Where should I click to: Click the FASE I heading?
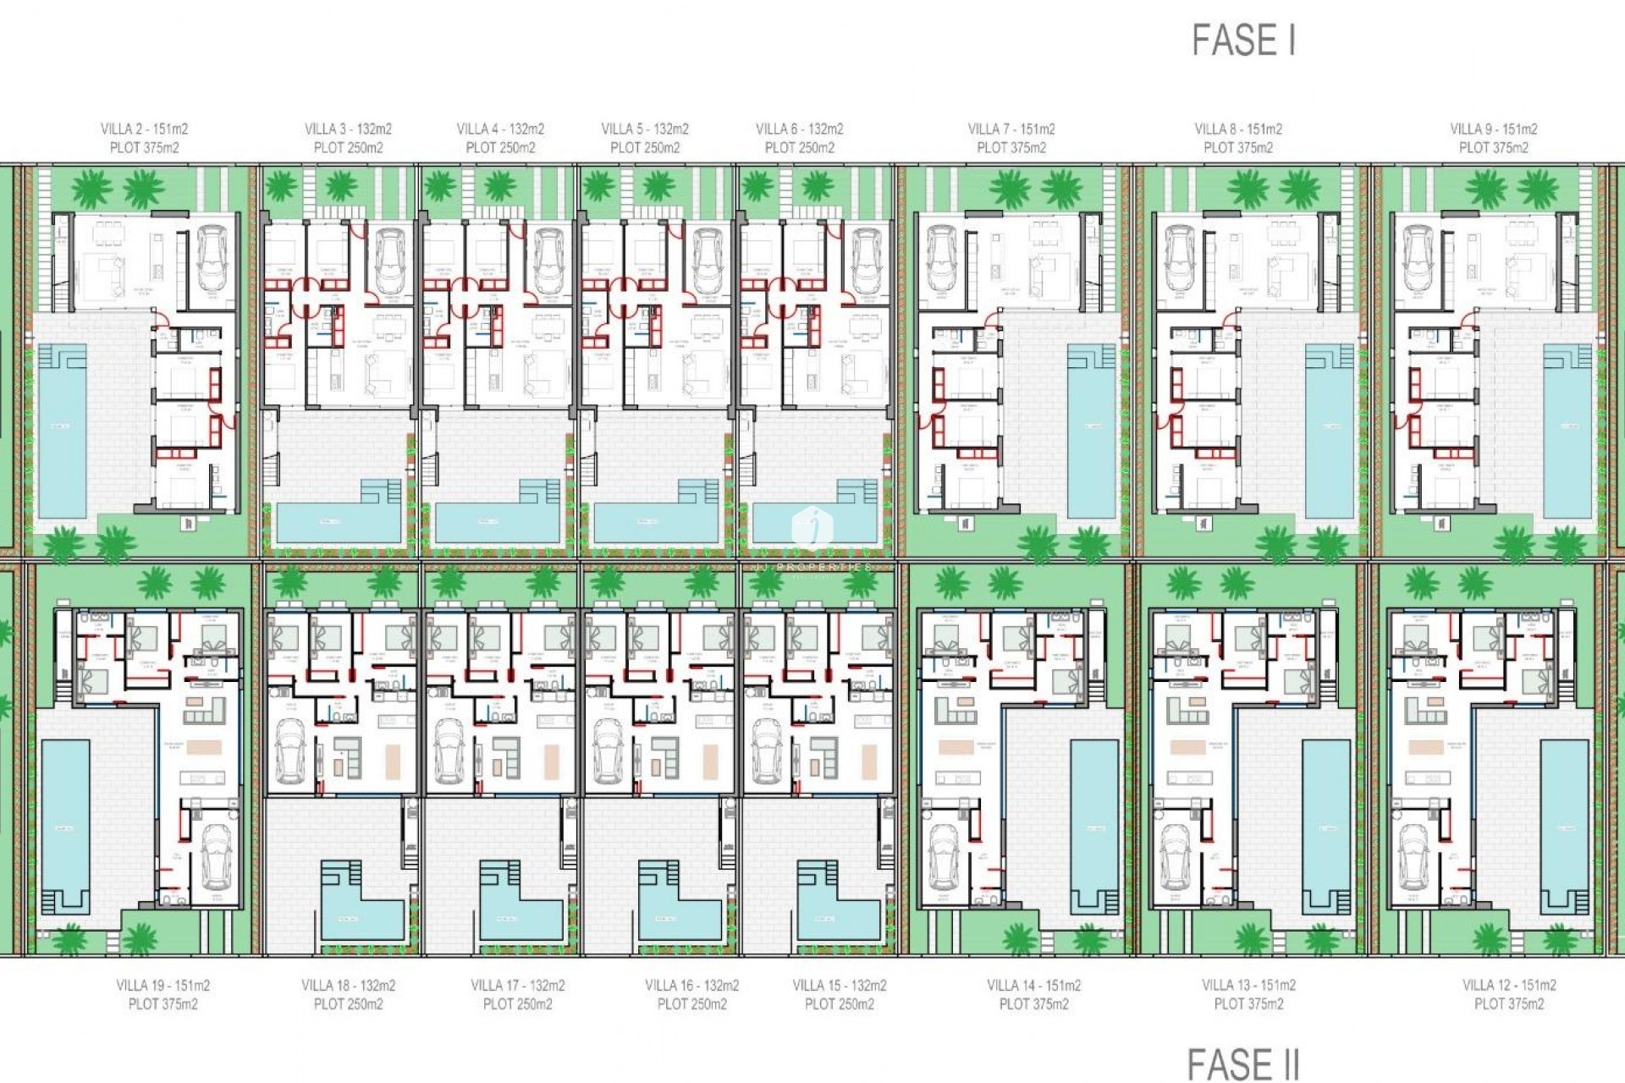pyautogui.click(x=1243, y=41)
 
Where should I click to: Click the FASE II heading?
pyautogui.click(x=1242, y=1064)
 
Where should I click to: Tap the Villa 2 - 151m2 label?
pyautogui.click(x=144, y=129)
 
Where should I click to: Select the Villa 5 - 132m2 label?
pyautogui.click(x=645, y=129)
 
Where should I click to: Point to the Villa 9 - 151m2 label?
pyautogui.click(x=1494, y=129)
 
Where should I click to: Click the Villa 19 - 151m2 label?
pyautogui.click(x=162, y=985)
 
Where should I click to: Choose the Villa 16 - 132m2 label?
pyautogui.click(x=691, y=985)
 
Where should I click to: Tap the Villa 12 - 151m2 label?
pyautogui.click(x=1509, y=985)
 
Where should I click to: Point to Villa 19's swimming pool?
pyautogui.click(x=65, y=825)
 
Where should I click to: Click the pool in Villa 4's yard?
pyautogui.click(x=497, y=521)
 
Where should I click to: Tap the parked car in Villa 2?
pyautogui.click(x=212, y=258)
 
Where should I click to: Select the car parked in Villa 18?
pyautogui.click(x=289, y=751)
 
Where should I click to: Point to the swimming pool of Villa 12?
pyautogui.click(x=1564, y=825)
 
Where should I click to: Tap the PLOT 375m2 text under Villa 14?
pyautogui.click(x=1033, y=1004)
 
